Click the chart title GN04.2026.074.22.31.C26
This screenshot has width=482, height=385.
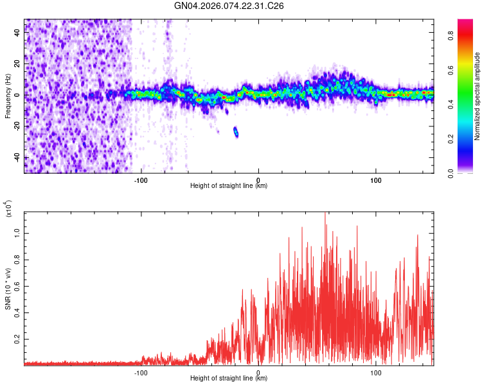229,6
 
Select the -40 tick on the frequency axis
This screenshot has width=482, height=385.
17,157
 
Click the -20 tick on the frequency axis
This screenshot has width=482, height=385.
17,126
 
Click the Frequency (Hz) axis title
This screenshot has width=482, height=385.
8,96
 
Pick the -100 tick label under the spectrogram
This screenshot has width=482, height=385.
141,180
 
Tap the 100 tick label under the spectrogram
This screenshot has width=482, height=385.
375,180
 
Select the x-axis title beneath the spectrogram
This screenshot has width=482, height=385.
229,186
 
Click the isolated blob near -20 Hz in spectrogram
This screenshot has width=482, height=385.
236,132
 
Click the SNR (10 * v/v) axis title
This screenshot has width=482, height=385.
8,289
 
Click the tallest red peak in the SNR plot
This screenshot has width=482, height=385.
325,214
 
